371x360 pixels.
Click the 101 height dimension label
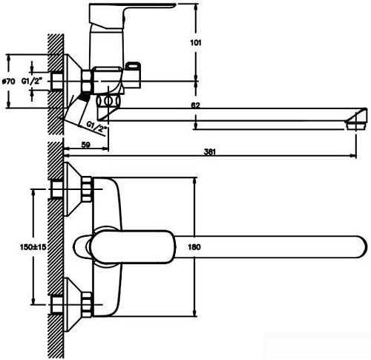196,43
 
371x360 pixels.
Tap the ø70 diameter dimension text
9,81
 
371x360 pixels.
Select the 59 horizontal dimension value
85,145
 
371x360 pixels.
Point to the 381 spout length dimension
209,152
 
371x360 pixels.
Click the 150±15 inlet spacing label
33,246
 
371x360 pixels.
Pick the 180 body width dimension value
194,247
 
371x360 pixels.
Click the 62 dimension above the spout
195,105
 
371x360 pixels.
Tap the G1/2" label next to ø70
32,81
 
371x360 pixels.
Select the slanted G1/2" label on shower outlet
97,127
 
